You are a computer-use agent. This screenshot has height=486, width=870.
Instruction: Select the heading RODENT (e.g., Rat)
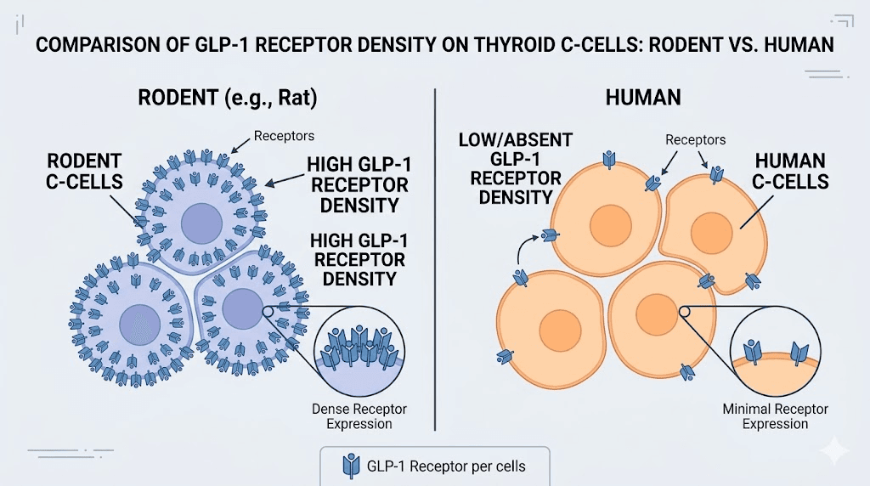click(x=227, y=98)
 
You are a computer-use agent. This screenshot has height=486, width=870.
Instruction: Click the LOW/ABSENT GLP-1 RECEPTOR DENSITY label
click(x=516, y=168)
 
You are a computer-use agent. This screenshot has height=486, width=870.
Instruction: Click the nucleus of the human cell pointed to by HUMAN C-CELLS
click(x=709, y=231)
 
